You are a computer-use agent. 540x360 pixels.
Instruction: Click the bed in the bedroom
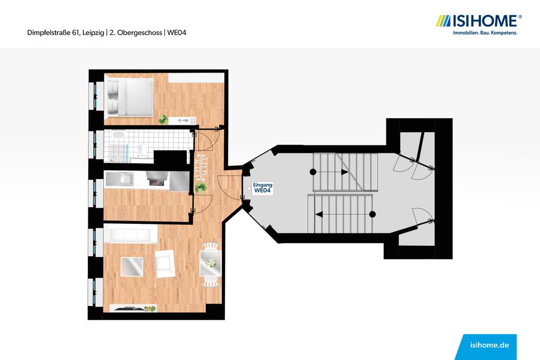129,97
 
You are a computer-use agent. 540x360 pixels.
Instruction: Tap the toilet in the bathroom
143,150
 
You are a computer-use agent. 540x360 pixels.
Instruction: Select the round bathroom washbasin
118,136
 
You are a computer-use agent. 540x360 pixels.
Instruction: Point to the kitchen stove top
156,181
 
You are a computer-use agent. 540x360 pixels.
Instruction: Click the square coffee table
132,266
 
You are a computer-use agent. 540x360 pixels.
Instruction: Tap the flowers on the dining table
210,263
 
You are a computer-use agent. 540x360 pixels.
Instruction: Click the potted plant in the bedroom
163,119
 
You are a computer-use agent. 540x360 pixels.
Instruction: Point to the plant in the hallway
199,187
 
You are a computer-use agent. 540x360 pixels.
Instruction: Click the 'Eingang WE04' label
263,188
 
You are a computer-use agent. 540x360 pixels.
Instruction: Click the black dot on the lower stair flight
372,214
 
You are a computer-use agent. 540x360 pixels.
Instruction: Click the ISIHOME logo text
485,21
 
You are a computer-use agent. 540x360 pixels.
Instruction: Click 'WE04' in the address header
177,33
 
